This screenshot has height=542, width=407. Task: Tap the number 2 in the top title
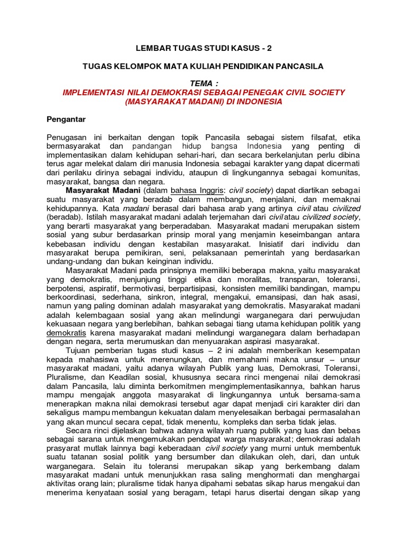click(268, 48)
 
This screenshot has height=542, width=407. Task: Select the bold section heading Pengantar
click(66, 119)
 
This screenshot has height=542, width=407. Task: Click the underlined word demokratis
click(66, 332)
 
